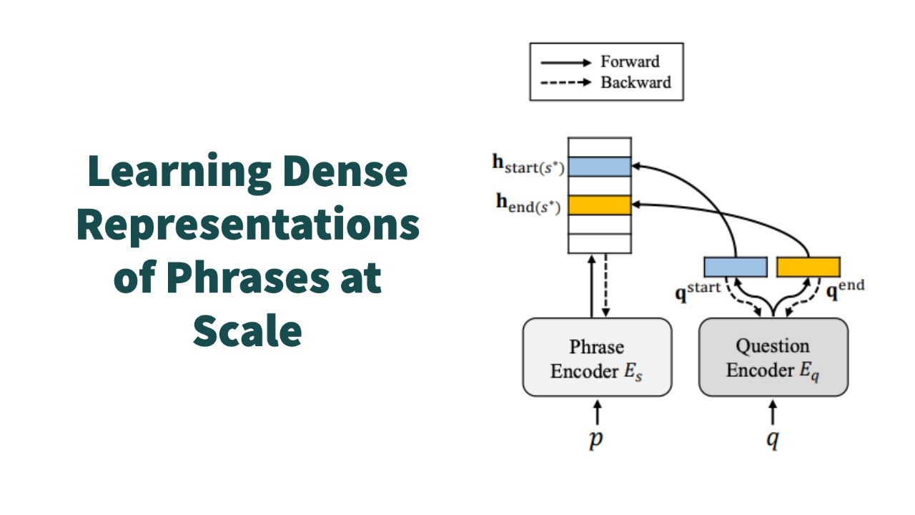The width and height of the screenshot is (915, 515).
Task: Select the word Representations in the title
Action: tap(247, 225)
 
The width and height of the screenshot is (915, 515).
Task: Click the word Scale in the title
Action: tap(247, 330)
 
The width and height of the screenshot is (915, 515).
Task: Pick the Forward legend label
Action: tap(629, 62)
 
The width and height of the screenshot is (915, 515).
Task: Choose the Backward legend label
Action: tap(635, 82)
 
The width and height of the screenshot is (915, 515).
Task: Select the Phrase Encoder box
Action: tap(597, 358)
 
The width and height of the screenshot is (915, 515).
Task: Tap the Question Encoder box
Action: tap(773, 358)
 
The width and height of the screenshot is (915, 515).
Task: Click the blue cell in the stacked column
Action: tap(599, 167)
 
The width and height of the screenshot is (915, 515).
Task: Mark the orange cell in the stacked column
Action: tap(599, 205)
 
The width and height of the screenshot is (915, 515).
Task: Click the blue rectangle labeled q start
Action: tap(735, 267)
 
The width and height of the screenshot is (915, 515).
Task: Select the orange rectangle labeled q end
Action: tap(808, 267)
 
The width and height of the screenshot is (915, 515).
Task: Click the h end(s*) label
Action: tap(529, 204)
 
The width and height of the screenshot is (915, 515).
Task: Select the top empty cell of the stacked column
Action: tap(599, 147)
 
